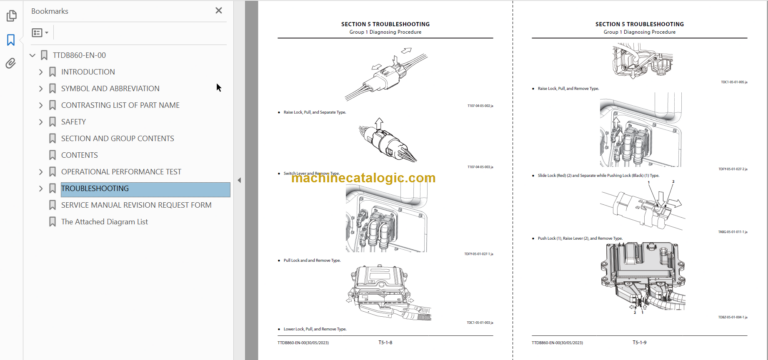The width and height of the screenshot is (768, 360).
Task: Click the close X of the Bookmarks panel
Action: tap(219, 11)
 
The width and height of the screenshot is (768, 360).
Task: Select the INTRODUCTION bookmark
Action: tap(87, 72)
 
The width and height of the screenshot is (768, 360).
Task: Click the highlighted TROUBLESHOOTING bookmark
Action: tap(94, 188)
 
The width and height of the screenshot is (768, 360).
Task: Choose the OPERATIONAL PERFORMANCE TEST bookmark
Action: tap(120, 171)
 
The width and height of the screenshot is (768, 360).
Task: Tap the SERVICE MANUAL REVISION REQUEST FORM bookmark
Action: tap(136, 205)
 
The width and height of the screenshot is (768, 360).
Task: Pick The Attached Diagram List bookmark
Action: tap(104, 222)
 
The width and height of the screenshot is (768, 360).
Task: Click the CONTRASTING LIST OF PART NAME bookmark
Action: tap(120, 105)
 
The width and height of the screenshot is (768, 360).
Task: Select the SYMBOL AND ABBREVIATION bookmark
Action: tap(109, 88)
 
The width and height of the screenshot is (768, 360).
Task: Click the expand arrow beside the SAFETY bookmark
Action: tap(41, 122)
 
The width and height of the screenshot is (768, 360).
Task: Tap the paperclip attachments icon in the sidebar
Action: tap(11, 63)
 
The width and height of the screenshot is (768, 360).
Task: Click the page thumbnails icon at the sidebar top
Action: tap(11, 15)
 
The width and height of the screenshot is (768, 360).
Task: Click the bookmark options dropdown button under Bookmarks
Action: tap(40, 33)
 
